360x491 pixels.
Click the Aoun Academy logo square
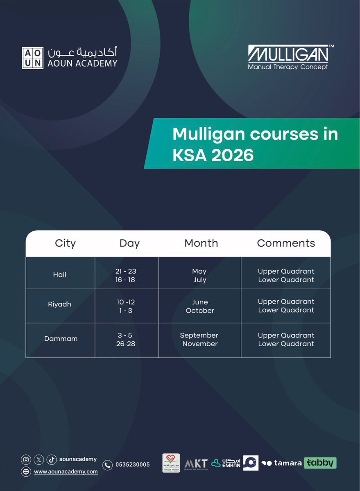[x=32, y=58]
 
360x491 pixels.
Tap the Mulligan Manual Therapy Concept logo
[x=288, y=57]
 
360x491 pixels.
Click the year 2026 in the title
[x=232, y=155]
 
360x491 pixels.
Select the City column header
[x=65, y=243]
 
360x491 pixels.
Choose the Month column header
[x=201, y=243]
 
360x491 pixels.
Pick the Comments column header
[x=286, y=243]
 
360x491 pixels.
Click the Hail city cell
[x=59, y=275]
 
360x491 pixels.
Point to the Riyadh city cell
[x=59, y=304]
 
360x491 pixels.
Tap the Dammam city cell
[x=61, y=339]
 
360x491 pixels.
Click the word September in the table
[x=199, y=335]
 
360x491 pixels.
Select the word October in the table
[x=200, y=311]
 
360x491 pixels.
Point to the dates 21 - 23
[x=126, y=271]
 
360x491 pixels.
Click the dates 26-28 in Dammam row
[x=126, y=344]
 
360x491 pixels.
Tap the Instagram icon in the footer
[x=26, y=459]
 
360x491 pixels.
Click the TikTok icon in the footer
[x=51, y=459]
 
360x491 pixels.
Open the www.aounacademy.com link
[x=66, y=471]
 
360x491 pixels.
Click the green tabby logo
[x=320, y=463]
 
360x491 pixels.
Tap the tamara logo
[x=282, y=463]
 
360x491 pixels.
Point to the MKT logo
[x=196, y=464]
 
